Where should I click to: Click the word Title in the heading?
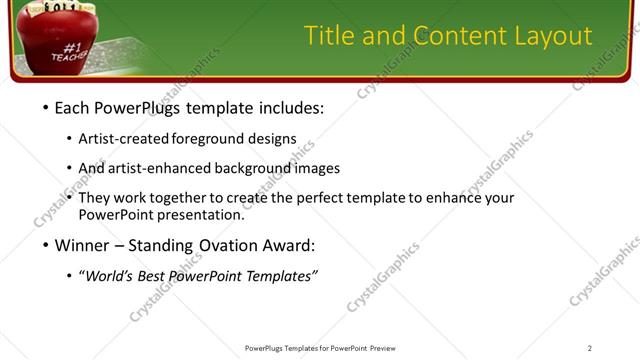tap(331, 37)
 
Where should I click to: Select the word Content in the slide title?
tap(458, 37)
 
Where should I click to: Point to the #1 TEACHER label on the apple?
tap(70, 51)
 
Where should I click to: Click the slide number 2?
tap(589, 348)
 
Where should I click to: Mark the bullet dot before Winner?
tap(48, 244)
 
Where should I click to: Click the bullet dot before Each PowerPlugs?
tap(48, 107)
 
